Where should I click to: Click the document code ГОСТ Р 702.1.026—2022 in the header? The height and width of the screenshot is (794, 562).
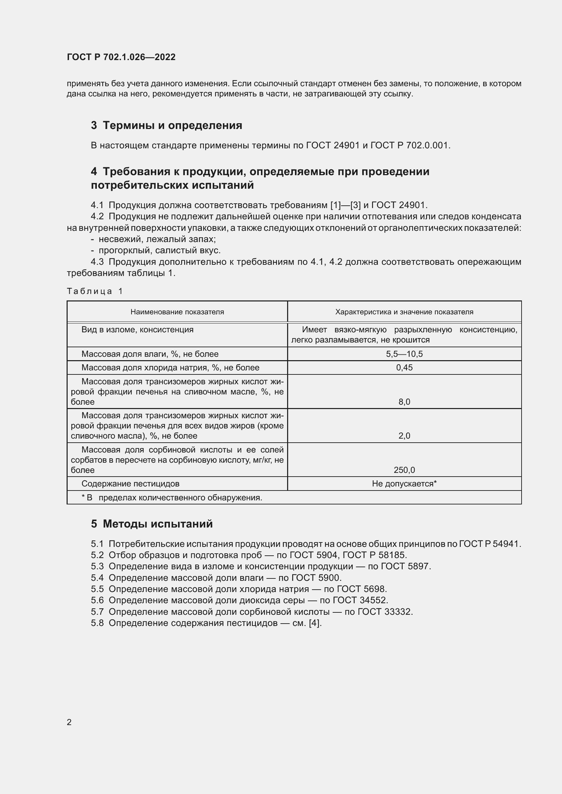(121, 57)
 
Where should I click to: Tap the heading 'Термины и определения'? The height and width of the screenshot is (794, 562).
(172, 125)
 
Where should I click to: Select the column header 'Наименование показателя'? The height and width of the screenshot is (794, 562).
(177, 312)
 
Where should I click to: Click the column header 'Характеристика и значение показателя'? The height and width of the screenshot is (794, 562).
(404, 312)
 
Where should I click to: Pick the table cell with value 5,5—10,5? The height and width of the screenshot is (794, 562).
(404, 354)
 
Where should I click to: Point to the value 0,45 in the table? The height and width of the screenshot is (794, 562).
(404, 368)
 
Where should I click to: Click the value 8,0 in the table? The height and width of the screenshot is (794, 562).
(404, 402)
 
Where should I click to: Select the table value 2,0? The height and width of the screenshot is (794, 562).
(404, 436)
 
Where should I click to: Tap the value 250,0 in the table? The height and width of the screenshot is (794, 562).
(404, 470)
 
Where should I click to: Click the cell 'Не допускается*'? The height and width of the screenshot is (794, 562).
(404, 484)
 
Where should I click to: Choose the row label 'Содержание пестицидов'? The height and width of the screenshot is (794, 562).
(130, 484)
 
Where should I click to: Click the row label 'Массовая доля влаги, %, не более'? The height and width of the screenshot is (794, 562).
(150, 354)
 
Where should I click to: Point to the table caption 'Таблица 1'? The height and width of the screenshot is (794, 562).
(95, 291)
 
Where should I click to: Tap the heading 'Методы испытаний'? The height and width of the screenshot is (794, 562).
(158, 524)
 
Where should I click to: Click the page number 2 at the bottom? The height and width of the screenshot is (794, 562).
(69, 722)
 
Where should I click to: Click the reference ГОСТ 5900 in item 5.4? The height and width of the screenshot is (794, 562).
(316, 578)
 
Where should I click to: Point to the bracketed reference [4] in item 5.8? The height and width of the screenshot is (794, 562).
(315, 623)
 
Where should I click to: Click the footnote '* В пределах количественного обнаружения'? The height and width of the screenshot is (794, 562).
(172, 498)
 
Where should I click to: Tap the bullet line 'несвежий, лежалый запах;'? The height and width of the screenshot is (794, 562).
(157, 239)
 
